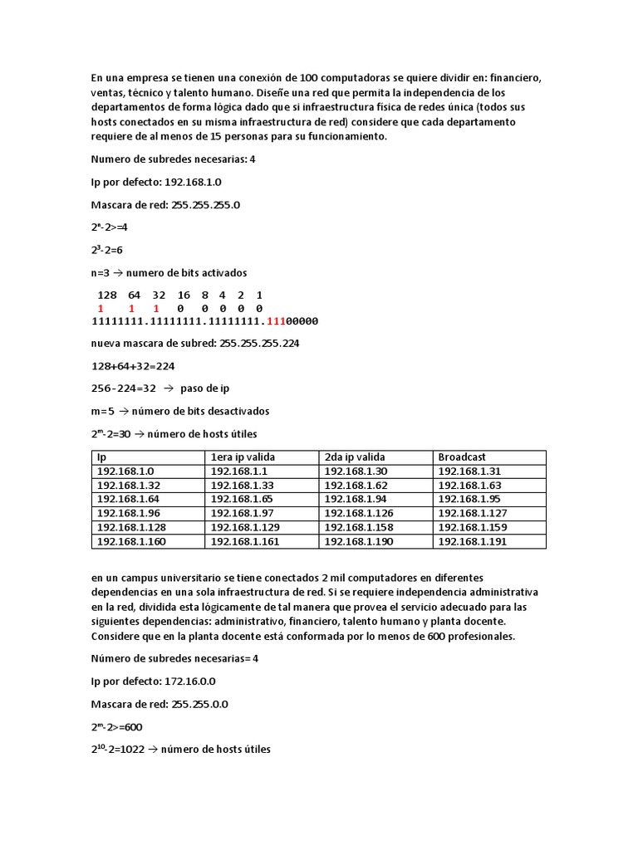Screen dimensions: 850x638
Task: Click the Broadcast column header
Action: pos(462,457)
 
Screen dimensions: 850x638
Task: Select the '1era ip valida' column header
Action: pos(243,457)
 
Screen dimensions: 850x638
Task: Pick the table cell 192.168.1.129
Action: pos(245,527)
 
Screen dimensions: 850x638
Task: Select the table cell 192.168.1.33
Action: pos(242,485)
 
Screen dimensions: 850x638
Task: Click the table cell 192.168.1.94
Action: pos(356,499)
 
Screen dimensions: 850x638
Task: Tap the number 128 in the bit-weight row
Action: pos(107,295)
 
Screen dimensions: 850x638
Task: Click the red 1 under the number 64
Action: pos(131,308)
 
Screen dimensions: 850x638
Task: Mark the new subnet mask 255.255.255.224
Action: pos(259,343)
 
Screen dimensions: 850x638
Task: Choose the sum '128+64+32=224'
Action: pos(133,365)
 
